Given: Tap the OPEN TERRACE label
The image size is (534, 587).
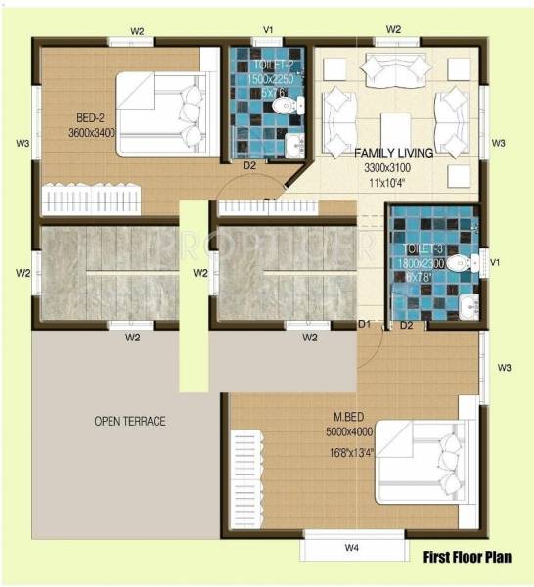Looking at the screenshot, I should point(130,422).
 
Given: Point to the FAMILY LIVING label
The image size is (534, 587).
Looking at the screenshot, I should point(394,154).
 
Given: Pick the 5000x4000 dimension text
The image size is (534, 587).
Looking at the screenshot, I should point(349,430).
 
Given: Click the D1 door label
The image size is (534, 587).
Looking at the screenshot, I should point(364,324).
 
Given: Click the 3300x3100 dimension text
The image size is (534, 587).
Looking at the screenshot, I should point(392,167).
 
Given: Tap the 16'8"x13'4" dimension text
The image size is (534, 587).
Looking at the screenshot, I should point(348,452).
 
